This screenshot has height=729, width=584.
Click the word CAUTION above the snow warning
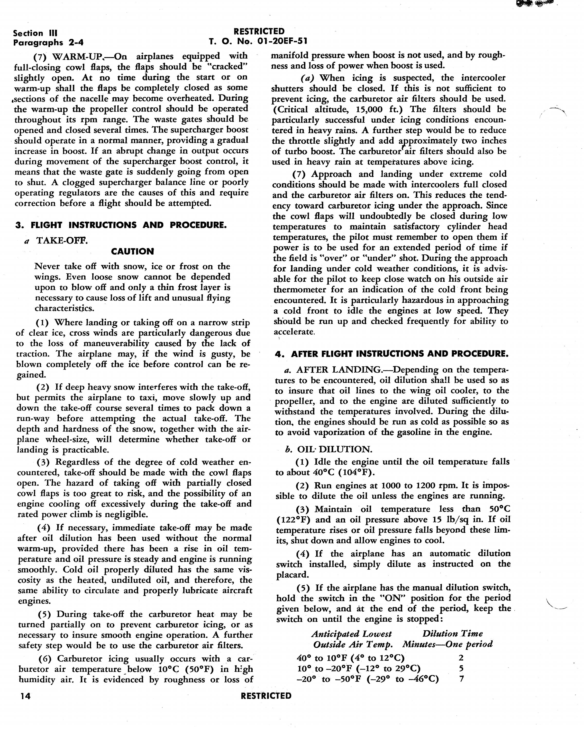point(132,251)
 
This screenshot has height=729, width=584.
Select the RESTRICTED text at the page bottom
point(266,695)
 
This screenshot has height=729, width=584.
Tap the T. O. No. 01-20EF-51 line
point(258,41)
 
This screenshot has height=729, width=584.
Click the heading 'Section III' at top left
point(35,33)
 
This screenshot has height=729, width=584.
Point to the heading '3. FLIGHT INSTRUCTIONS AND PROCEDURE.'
point(121,225)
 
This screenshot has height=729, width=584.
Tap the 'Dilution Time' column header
point(452,634)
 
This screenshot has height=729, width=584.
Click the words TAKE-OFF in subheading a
point(62,240)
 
